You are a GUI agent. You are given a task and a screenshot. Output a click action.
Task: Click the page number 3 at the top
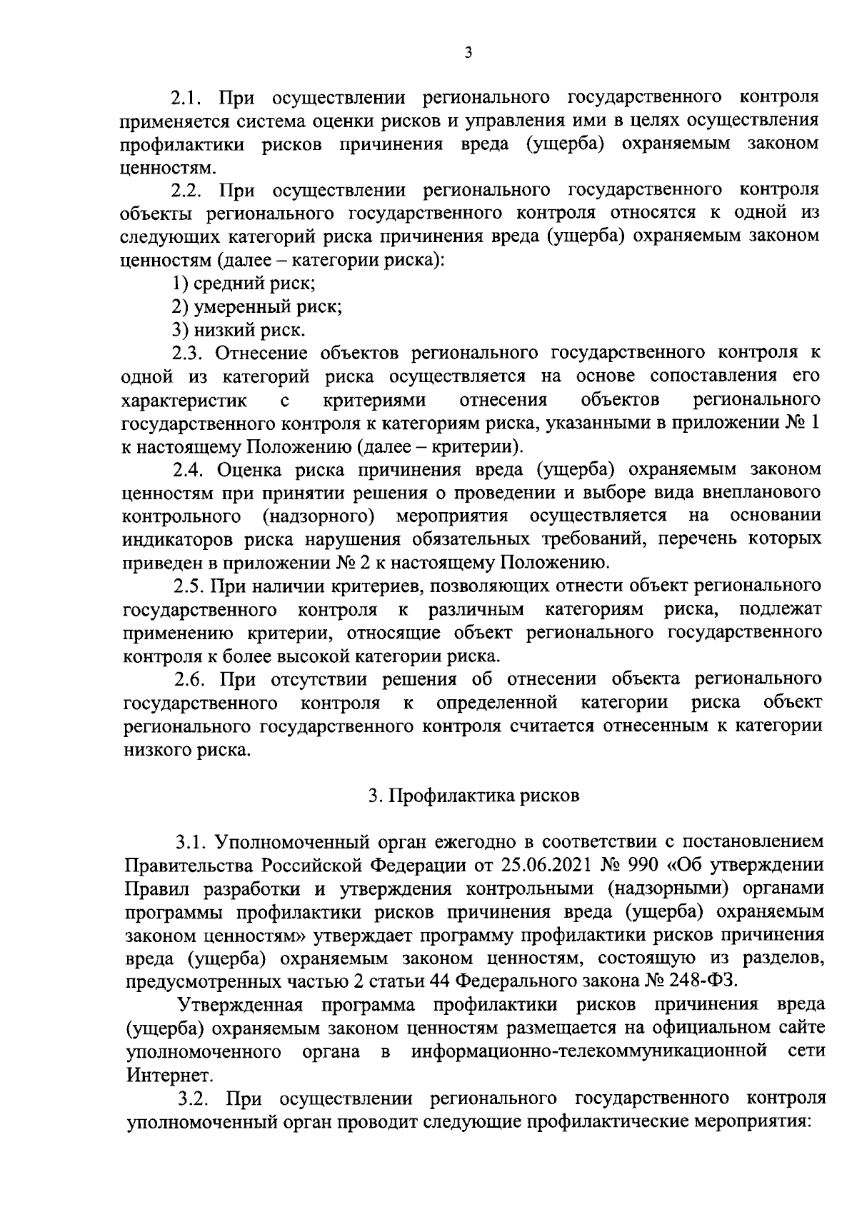pyautogui.click(x=468, y=52)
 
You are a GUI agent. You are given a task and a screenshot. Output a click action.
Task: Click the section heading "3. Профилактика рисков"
pyautogui.click(x=473, y=796)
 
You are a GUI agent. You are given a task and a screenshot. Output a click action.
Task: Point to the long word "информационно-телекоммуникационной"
pyautogui.click(x=589, y=1051)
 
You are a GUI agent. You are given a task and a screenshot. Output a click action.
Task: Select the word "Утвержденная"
pyautogui.click(x=241, y=1004)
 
